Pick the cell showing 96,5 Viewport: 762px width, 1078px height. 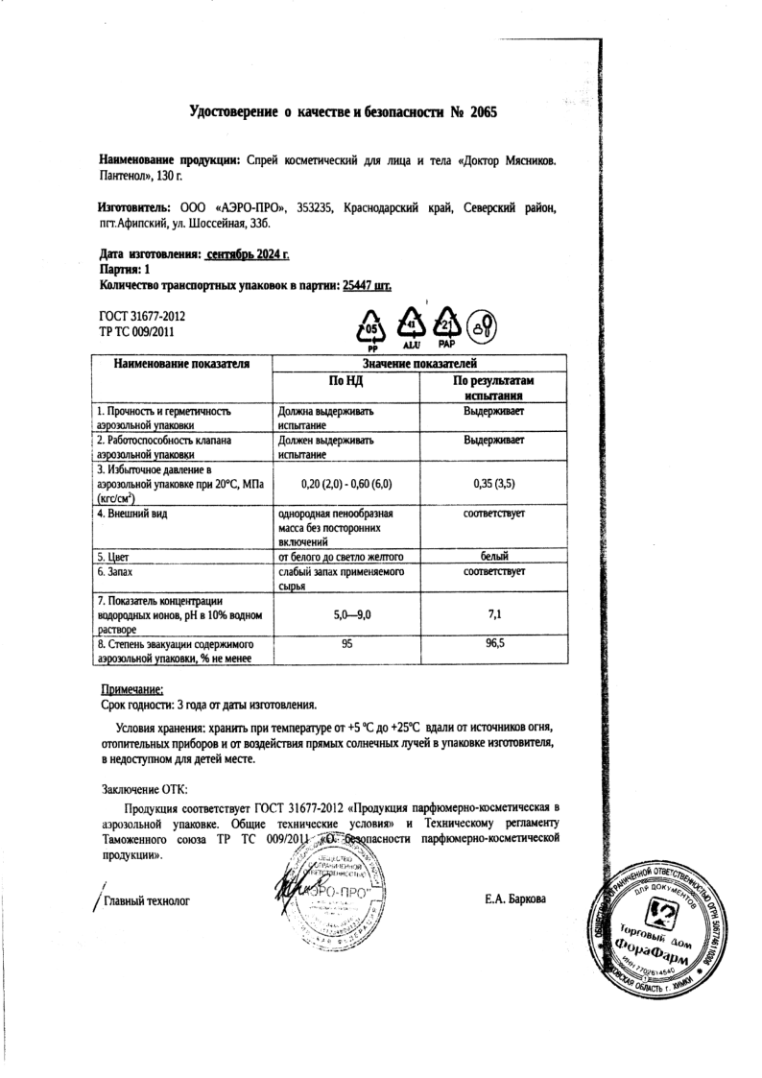494,645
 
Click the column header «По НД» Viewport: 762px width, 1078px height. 346,382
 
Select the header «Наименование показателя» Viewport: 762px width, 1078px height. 182,365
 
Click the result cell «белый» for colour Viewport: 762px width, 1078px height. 493,556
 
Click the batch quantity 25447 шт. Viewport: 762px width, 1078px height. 367,285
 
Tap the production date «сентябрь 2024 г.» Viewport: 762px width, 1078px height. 248,255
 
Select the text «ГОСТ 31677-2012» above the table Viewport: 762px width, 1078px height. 142,316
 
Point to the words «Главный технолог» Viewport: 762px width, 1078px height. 147,900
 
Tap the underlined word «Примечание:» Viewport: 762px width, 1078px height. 132,688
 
